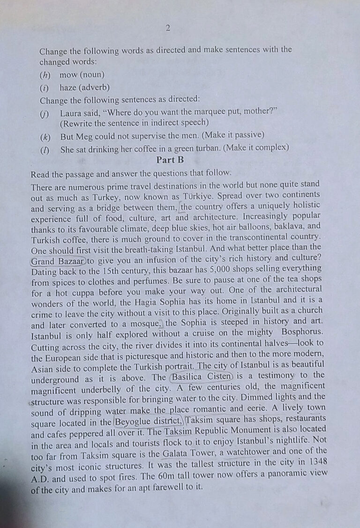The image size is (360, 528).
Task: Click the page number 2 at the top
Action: [168, 28]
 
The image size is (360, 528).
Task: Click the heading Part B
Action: [170, 160]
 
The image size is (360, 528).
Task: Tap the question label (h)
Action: [45, 74]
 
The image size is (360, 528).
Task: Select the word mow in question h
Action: [68, 74]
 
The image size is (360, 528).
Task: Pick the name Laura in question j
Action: [71, 113]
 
